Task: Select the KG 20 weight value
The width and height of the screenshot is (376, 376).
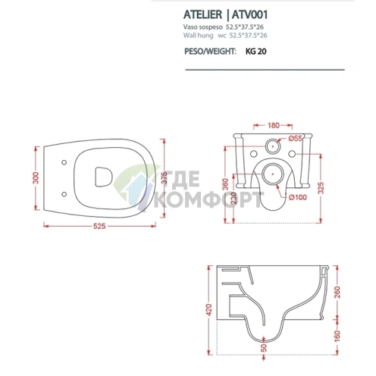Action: (256, 52)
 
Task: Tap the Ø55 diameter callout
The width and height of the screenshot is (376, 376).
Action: (296, 140)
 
